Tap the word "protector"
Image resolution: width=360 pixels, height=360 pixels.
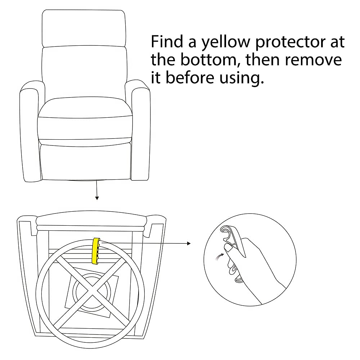(x=291, y=42)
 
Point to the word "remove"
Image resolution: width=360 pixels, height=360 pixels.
(x=314, y=60)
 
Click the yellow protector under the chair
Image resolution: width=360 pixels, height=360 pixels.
(x=96, y=251)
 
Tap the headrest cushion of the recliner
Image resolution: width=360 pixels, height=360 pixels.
(x=84, y=28)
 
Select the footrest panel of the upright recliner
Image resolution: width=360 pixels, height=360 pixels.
(x=86, y=162)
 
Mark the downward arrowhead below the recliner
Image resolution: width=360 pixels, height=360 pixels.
(x=97, y=198)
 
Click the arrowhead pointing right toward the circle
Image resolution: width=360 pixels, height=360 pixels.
(x=189, y=243)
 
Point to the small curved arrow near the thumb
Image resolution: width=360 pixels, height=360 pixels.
(x=220, y=257)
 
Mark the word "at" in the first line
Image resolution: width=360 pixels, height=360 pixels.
(x=337, y=42)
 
